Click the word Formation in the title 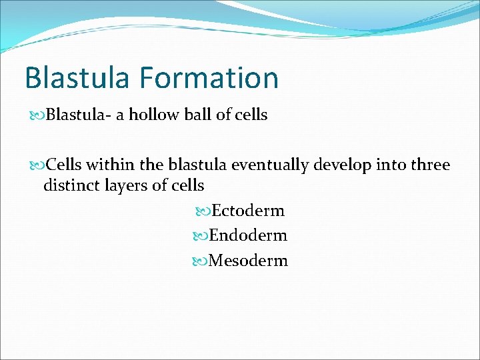click(x=209, y=78)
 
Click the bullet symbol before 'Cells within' click(x=37, y=165)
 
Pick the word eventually click(x=254, y=165)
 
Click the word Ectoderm click(x=247, y=211)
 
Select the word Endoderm click(x=247, y=235)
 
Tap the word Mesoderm click(x=248, y=261)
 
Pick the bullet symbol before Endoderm click(x=201, y=236)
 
